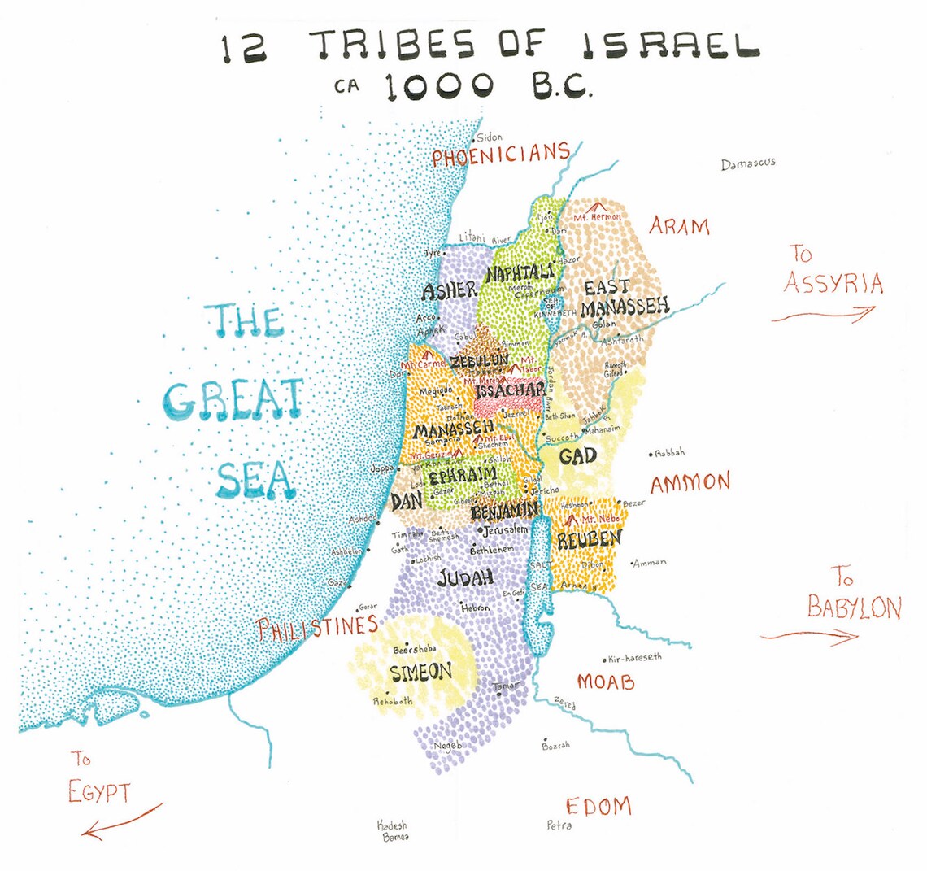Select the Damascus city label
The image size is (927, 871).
[748, 163]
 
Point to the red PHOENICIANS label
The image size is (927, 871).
[500, 155]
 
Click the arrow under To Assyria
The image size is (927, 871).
[823, 314]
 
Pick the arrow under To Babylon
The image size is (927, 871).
[809, 636]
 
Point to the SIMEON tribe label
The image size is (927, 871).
[420, 673]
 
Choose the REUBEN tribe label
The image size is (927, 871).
[590, 538]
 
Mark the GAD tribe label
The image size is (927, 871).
[578, 455]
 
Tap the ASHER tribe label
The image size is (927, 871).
[449, 290]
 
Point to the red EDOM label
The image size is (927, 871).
[598, 806]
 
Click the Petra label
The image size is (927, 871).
[559, 825]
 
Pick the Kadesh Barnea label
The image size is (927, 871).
[393, 830]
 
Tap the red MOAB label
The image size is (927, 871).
[606, 682]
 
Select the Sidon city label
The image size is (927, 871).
[490, 138]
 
